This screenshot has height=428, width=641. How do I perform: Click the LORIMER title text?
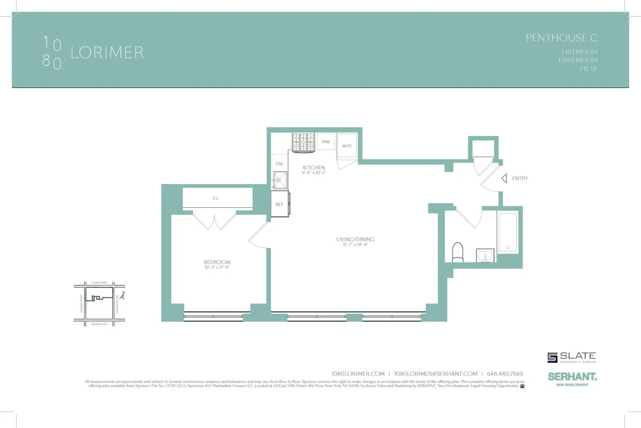(107, 53)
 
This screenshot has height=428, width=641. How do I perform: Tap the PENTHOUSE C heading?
(561, 38)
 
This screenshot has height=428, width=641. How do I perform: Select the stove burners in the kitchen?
(303, 142)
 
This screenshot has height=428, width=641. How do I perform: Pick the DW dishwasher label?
(279, 164)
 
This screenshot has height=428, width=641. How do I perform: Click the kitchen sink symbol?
(279, 180)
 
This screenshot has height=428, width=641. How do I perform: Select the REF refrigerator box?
(279, 204)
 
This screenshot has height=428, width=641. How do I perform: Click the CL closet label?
(216, 198)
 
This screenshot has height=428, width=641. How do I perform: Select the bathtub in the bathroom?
(508, 232)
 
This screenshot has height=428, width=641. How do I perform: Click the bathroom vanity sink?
(486, 256)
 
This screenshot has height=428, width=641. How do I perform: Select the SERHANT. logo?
(572, 376)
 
